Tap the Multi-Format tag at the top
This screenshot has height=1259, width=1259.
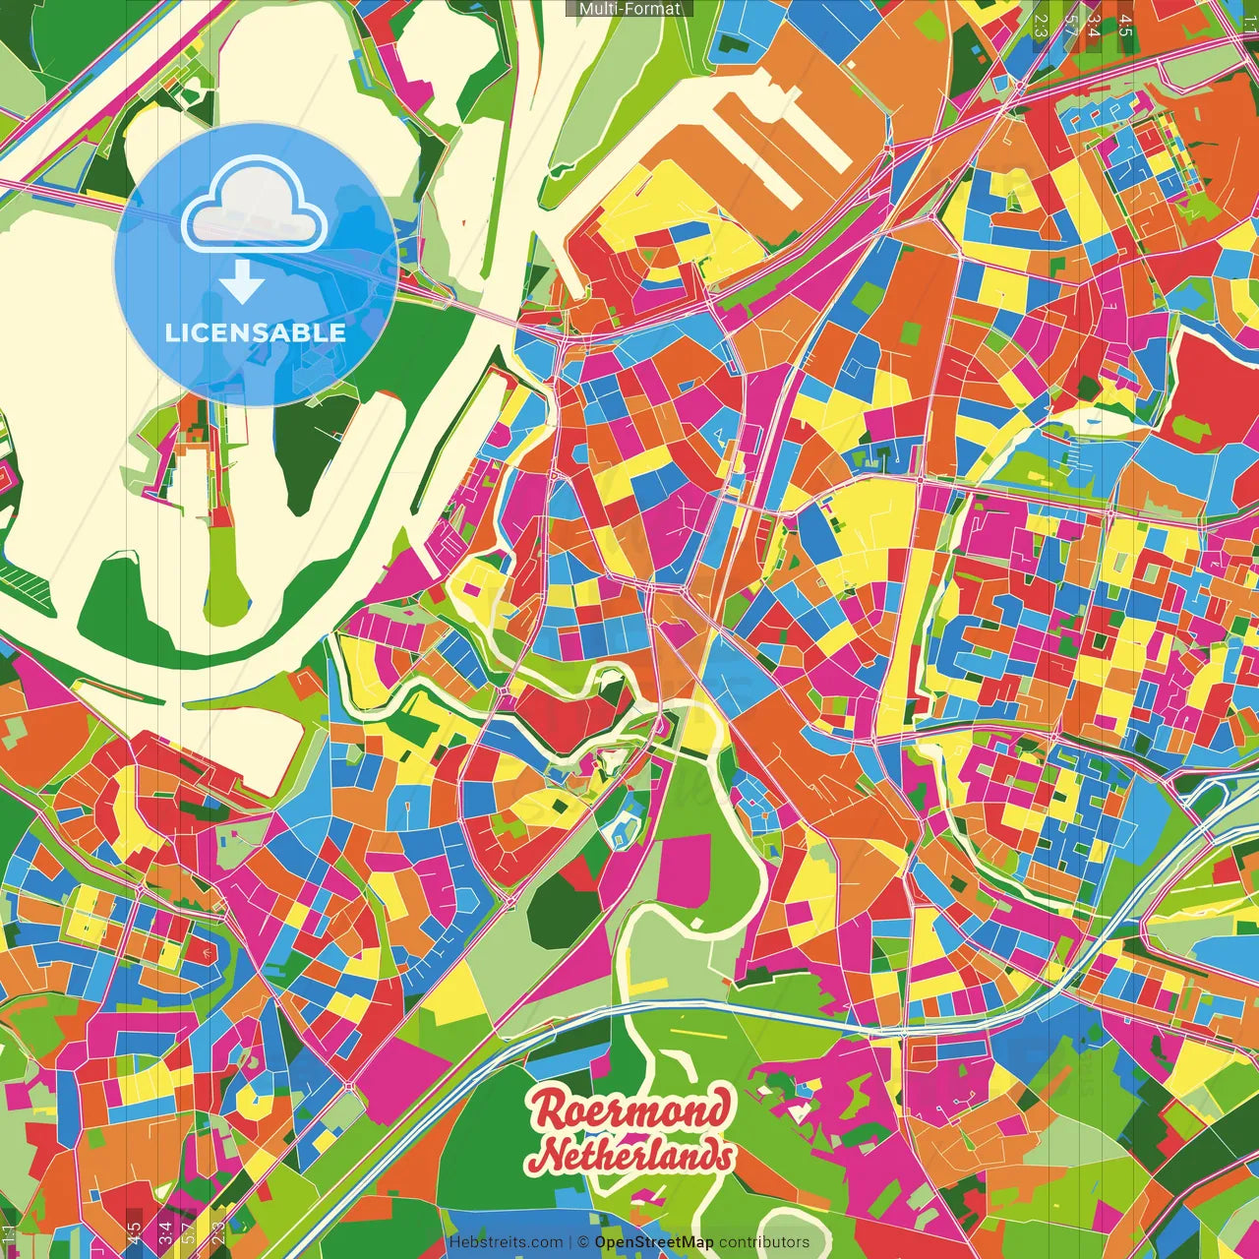pyautogui.click(x=629, y=9)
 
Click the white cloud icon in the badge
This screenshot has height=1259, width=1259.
pyautogui.click(x=255, y=208)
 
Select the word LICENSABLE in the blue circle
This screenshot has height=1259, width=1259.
pyautogui.click(x=256, y=332)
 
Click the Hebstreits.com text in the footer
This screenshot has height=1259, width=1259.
pyautogui.click(x=506, y=1242)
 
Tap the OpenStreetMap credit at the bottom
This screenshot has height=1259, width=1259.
pyautogui.click(x=654, y=1242)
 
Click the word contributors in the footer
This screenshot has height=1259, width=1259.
pyautogui.click(x=764, y=1242)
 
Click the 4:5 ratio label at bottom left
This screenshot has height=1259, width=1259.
pyautogui.click(x=134, y=1233)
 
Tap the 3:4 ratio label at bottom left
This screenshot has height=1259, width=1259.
pyautogui.click(x=165, y=1233)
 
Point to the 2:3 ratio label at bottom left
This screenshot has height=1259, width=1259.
pyautogui.click(x=218, y=1233)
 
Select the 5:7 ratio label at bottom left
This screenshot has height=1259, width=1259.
pyautogui.click(x=188, y=1233)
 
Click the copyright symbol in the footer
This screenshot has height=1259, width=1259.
pyautogui.click(x=582, y=1242)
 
